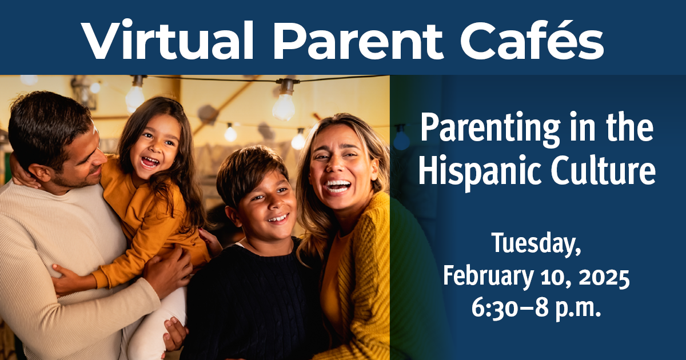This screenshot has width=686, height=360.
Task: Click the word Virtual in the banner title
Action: point(171,39)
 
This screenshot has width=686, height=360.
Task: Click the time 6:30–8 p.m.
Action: point(536,309)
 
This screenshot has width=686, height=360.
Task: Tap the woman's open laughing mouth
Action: point(338,186)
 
